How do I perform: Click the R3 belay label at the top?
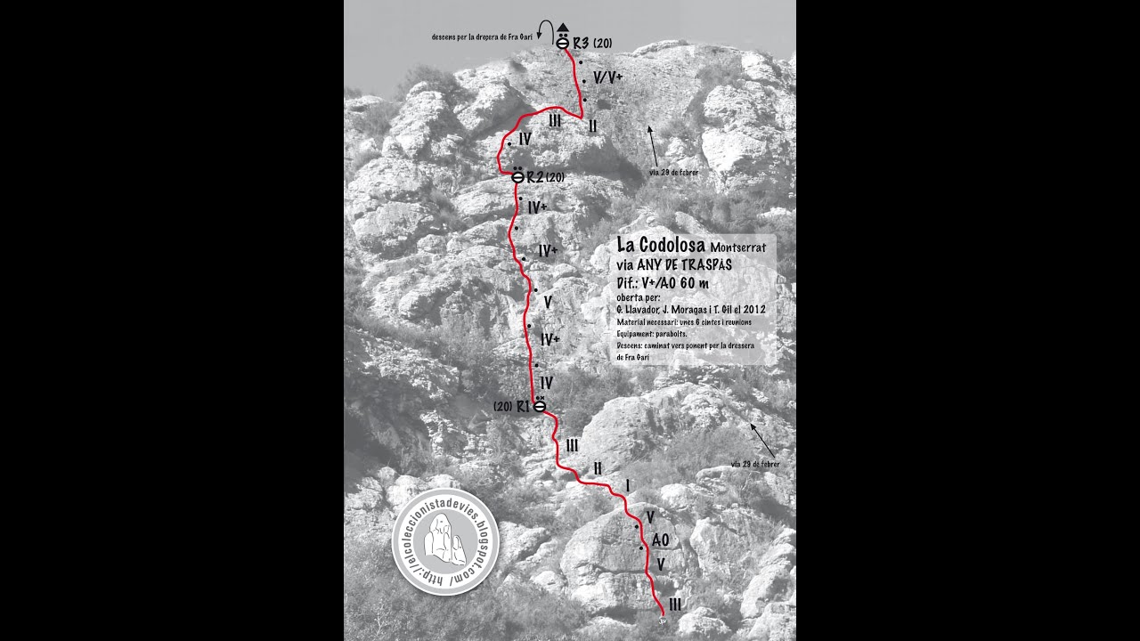coord(581,42)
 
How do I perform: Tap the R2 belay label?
coord(535,177)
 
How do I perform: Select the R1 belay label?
coord(524,406)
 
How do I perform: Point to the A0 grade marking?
coord(660,540)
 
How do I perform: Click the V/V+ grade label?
coord(607,77)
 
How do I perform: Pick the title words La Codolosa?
coord(661,245)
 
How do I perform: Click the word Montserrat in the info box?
coord(738,247)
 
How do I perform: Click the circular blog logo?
coord(445,541)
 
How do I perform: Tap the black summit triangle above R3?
coord(563,27)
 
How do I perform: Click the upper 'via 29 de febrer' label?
coord(673,172)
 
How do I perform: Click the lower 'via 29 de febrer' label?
coord(755,464)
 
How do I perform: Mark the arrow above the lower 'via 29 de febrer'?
coord(762,437)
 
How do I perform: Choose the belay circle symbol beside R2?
coord(517,177)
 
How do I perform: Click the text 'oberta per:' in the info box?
coord(639,297)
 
